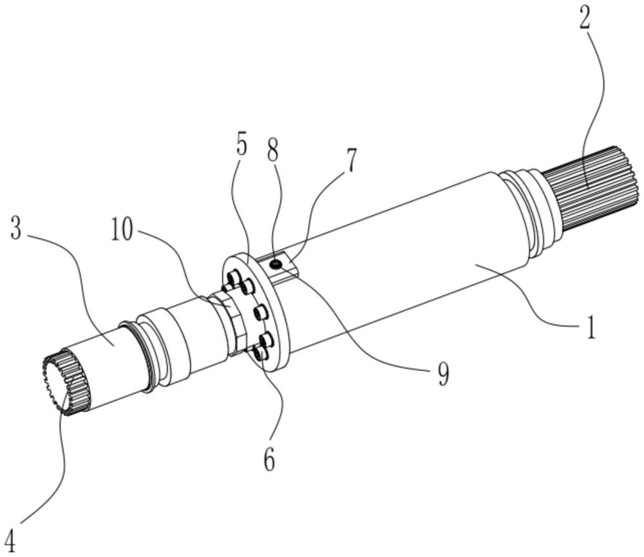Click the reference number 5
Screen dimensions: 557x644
point(241,146)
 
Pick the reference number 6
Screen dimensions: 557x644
point(270,459)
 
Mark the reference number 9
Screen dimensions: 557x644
point(443,373)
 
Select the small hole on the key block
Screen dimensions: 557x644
point(276,263)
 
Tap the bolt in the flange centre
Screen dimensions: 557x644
point(260,314)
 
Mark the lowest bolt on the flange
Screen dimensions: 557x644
point(257,354)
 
